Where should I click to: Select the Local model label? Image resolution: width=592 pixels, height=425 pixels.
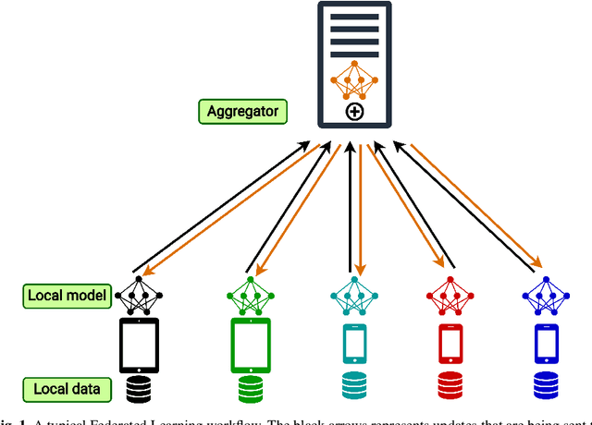coord(64,297)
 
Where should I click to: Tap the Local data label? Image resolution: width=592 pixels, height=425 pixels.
coord(62,388)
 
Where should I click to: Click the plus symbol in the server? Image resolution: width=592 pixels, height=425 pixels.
coord(352,112)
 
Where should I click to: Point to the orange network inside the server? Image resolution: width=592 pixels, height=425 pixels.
coord(351,81)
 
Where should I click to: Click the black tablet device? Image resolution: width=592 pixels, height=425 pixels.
coord(140,345)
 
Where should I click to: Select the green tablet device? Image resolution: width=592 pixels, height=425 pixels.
coord(250,345)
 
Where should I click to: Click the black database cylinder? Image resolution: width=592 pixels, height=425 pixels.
coord(140,388)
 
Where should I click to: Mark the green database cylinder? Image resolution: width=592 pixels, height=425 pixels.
coord(250,388)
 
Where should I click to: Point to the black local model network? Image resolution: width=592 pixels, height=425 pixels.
coord(140,295)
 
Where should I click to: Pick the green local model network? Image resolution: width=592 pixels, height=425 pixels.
coord(250,295)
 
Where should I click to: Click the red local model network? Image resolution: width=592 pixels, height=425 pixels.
coord(450,295)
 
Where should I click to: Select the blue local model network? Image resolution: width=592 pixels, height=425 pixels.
coord(547,295)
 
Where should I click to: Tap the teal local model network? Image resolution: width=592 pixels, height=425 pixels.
coord(352,295)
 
